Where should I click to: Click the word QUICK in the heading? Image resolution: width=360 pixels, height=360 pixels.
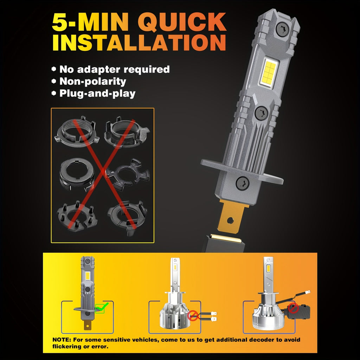pyautogui.click(x=182, y=22)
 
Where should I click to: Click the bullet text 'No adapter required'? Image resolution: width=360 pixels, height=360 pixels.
pyautogui.click(x=115, y=69)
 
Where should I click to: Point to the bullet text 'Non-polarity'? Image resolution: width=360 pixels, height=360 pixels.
pyautogui.click(x=93, y=82)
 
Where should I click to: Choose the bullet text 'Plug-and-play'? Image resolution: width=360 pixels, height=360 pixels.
pyautogui.click(x=97, y=94)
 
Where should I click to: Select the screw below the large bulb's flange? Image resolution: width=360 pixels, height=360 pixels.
pyautogui.click(x=243, y=183)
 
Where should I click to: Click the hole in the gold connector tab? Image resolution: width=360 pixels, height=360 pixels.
pyautogui.click(x=230, y=220)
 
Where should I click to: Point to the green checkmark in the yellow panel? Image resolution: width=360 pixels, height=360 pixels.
pyautogui.click(x=101, y=307)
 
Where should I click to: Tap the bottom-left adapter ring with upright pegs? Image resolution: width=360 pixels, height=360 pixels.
pyautogui.click(x=77, y=216)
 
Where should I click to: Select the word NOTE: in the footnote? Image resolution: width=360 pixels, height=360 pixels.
pyautogui.click(x=62, y=340)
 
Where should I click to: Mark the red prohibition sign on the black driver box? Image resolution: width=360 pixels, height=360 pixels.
pyautogui.click(x=293, y=308)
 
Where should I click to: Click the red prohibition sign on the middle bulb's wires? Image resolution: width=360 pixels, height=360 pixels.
pyautogui.click(x=193, y=315)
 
